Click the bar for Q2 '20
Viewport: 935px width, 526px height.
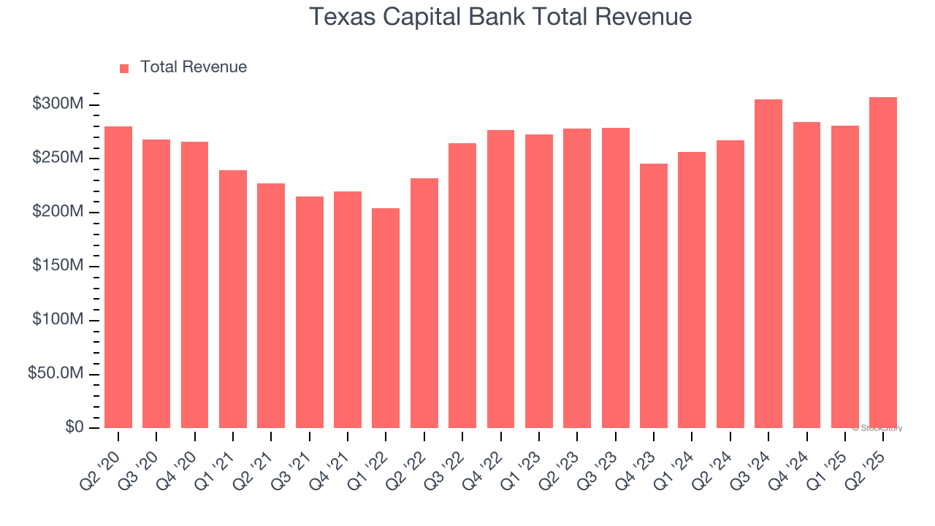(x=118, y=277)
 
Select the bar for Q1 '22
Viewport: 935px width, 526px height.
(x=386, y=318)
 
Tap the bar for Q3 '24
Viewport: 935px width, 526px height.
(x=768, y=264)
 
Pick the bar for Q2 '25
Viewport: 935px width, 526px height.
(x=883, y=262)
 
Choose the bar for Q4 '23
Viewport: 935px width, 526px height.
(x=654, y=296)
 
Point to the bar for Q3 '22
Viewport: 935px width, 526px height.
(x=462, y=286)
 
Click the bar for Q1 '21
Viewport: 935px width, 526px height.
(x=233, y=299)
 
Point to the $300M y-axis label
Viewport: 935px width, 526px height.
(x=58, y=104)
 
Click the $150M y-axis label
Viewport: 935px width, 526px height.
(x=58, y=266)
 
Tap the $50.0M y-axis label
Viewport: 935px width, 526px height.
(x=56, y=373)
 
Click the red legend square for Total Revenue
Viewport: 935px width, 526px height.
(x=124, y=68)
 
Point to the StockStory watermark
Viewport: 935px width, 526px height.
(x=877, y=428)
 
